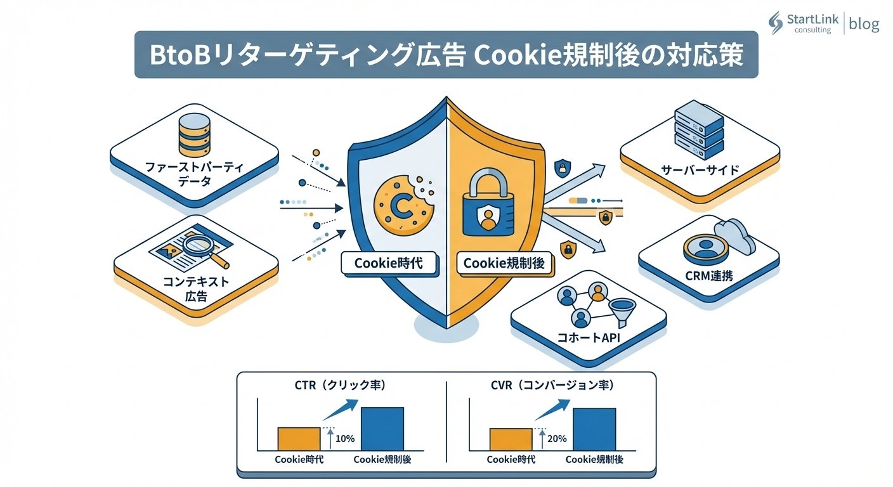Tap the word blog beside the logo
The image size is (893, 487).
click(864, 24)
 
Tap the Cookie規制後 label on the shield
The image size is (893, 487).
click(504, 263)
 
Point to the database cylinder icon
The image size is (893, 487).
click(194, 134)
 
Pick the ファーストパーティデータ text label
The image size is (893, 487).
click(194, 174)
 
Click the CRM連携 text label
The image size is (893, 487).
click(708, 276)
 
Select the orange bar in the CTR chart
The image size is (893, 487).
click(299, 438)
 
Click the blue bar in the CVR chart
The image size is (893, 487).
click(594, 429)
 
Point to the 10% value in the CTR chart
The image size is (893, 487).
click(344, 439)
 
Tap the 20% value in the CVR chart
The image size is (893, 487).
click(557, 439)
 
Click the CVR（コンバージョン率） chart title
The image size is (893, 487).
click(552, 385)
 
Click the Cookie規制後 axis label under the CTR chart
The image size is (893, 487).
click(382, 460)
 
